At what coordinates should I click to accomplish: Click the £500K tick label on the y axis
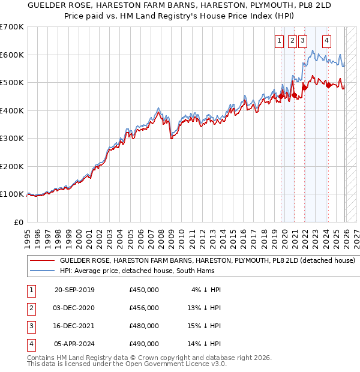click(12, 83)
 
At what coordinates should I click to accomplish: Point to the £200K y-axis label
click(12, 166)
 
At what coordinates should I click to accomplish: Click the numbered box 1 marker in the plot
click(280, 41)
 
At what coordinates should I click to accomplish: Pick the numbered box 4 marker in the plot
click(326, 41)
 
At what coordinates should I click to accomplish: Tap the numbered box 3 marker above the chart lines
click(302, 41)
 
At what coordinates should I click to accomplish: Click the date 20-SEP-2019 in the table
click(74, 290)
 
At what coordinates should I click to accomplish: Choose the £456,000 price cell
click(144, 308)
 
